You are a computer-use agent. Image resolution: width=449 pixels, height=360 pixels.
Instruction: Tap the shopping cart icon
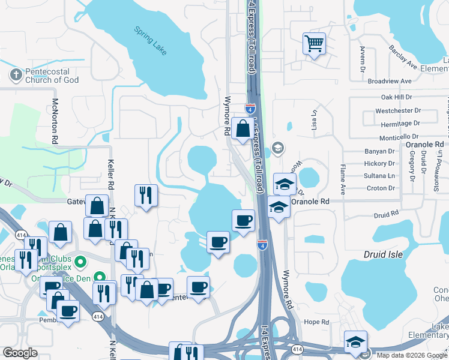(314, 44)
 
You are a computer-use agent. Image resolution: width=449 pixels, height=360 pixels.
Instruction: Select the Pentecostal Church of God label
(52, 75)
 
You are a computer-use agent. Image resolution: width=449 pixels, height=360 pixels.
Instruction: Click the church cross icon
(15, 75)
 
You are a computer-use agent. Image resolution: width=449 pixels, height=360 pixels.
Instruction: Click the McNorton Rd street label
(55, 121)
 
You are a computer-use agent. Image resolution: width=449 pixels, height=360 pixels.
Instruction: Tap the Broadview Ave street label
(390, 80)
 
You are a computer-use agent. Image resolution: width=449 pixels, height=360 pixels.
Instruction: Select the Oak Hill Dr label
(396, 97)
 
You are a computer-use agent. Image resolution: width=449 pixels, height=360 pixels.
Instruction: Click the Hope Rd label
(316, 322)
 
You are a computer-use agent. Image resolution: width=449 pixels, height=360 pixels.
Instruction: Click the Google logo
(20, 353)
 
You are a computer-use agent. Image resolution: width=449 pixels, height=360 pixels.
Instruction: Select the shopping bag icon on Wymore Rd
(243, 129)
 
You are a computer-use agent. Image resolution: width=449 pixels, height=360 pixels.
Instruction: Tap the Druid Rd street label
(386, 213)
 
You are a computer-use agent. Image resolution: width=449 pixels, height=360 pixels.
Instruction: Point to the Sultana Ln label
(379, 176)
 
